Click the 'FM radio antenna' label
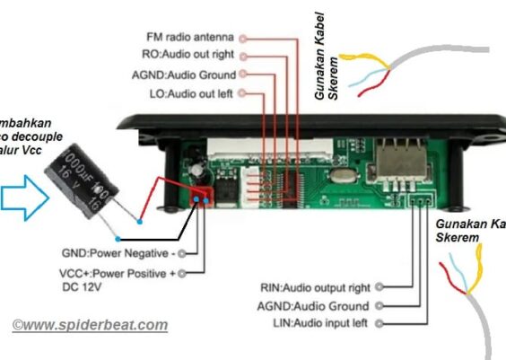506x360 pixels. click(x=190, y=38)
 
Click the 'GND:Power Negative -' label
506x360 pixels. click(x=117, y=253)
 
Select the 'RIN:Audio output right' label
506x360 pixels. click(x=315, y=288)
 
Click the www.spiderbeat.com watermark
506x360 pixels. click(x=90, y=324)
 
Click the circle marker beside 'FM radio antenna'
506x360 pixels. click(x=243, y=38)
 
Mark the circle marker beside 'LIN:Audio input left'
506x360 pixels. click(x=379, y=322)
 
